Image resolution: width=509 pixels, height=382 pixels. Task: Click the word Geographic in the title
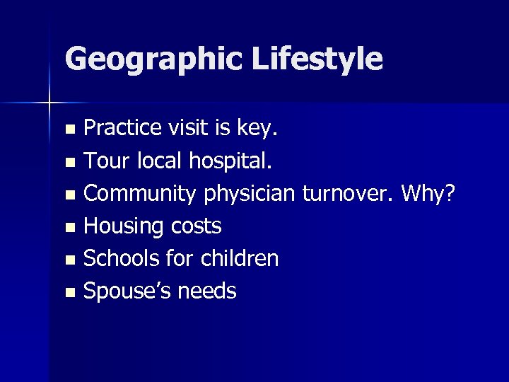pyautogui.click(x=148, y=59)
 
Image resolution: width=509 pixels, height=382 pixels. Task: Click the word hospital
pyautogui.click(x=230, y=162)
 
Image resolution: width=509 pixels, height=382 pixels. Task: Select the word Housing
pyautogui.click(x=124, y=227)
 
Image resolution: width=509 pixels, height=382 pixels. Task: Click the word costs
pyautogui.click(x=195, y=227)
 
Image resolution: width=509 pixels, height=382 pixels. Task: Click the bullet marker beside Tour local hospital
pyautogui.click(x=69, y=163)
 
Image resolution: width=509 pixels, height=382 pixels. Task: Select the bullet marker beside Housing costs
pyautogui.click(x=69, y=228)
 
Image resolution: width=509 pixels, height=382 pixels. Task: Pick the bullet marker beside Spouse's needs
pyautogui.click(x=69, y=292)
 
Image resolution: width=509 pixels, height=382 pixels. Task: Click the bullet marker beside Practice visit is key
pyautogui.click(x=69, y=130)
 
